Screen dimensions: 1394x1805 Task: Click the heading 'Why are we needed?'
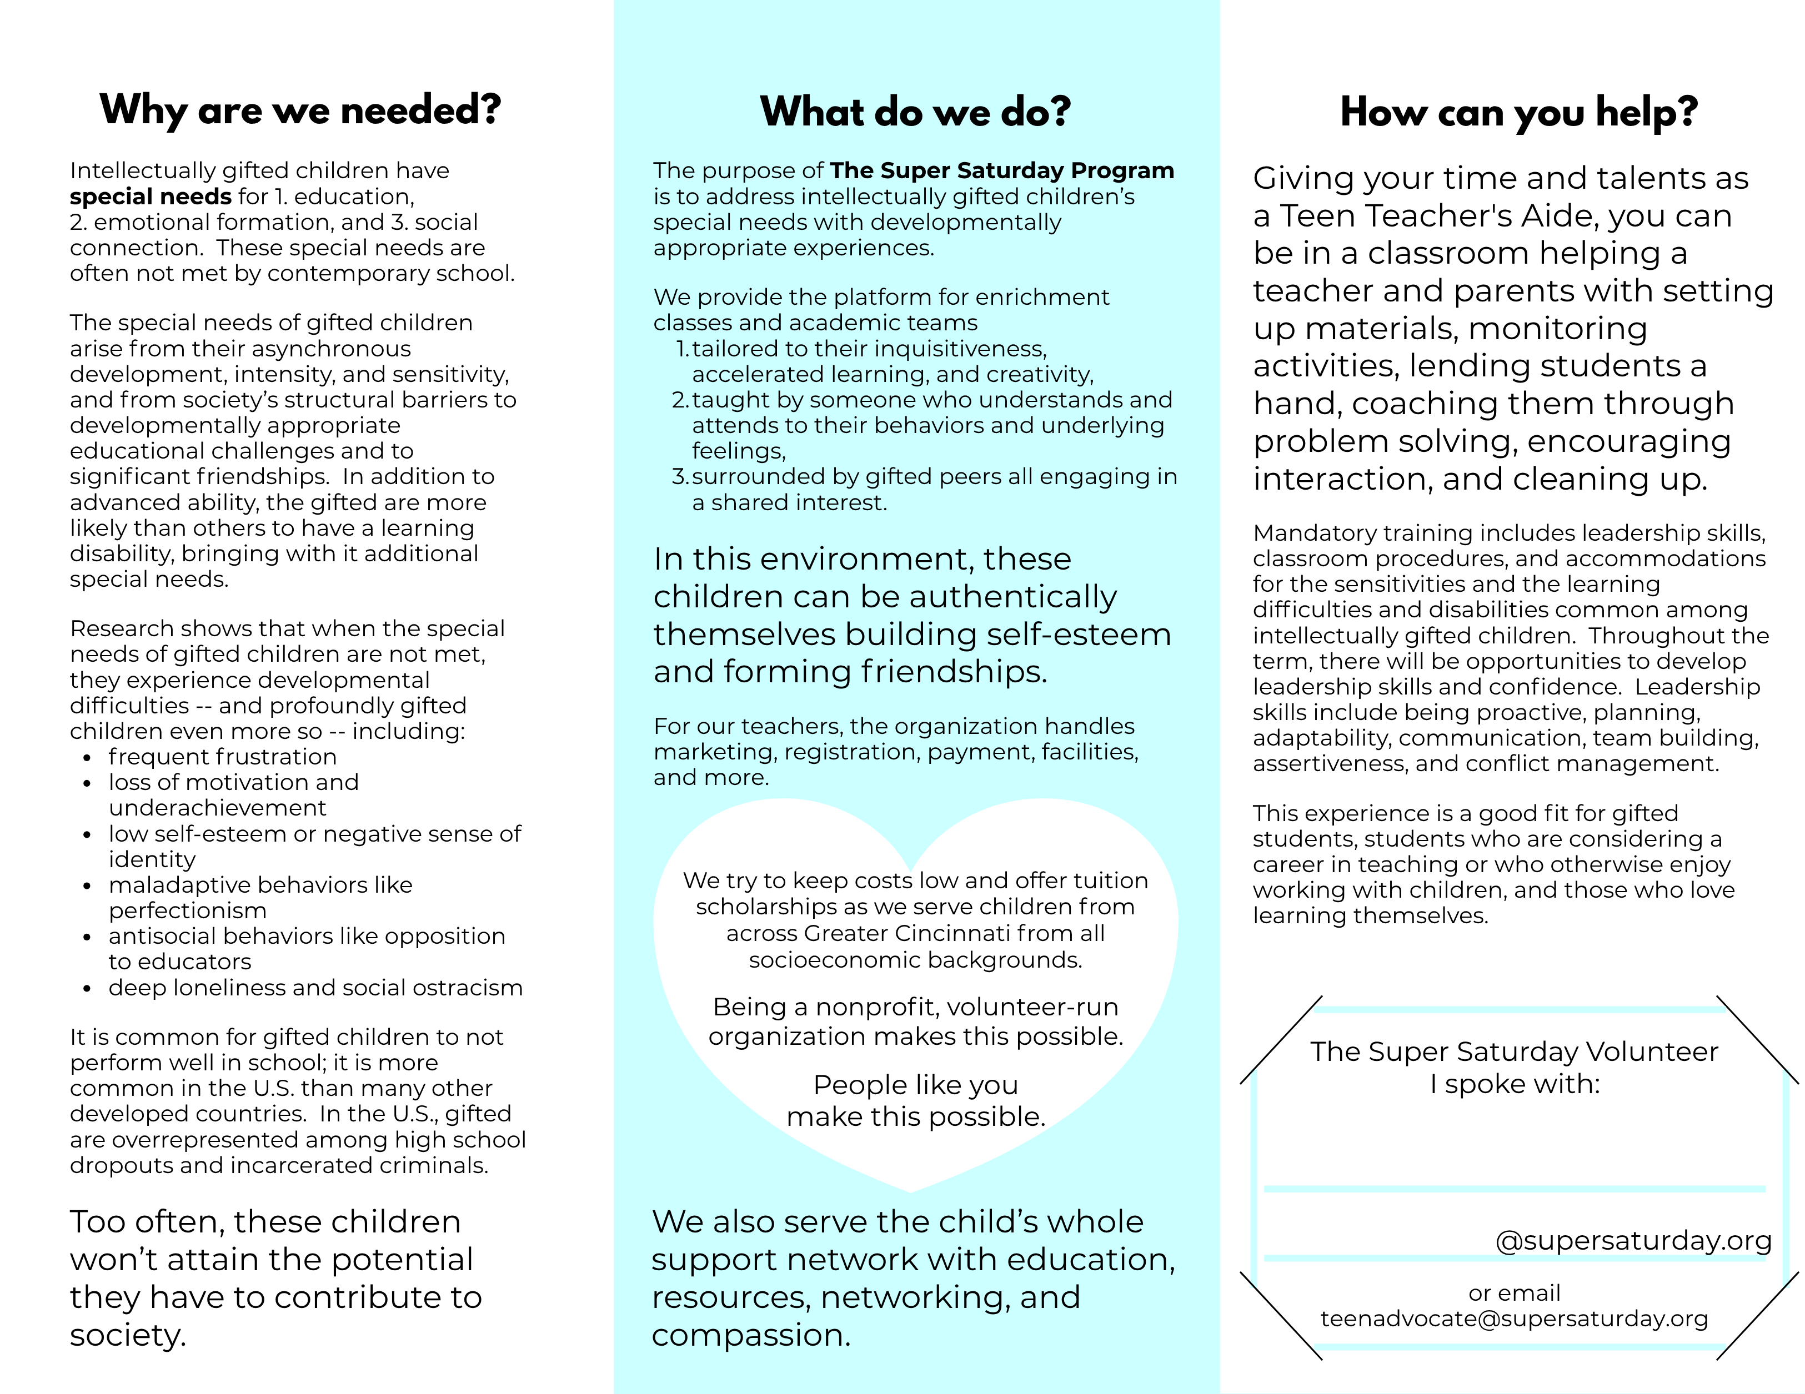[300, 110]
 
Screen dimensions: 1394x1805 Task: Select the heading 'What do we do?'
[915, 112]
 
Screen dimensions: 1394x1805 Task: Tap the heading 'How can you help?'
[1518, 112]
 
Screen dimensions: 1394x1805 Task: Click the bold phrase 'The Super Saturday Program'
[1002, 170]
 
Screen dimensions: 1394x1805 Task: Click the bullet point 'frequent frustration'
[222, 757]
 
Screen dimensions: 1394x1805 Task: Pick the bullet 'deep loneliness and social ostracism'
[315, 988]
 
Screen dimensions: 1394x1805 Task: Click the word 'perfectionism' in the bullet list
[188, 910]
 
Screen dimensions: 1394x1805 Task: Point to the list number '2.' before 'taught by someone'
[680, 400]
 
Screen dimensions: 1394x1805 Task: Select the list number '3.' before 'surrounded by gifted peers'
[680, 477]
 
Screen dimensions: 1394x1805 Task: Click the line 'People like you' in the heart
[916, 1084]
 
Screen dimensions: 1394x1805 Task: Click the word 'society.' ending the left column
[128, 1335]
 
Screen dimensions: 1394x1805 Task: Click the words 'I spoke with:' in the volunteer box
[1514, 1083]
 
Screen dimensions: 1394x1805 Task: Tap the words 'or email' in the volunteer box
[1514, 1292]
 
